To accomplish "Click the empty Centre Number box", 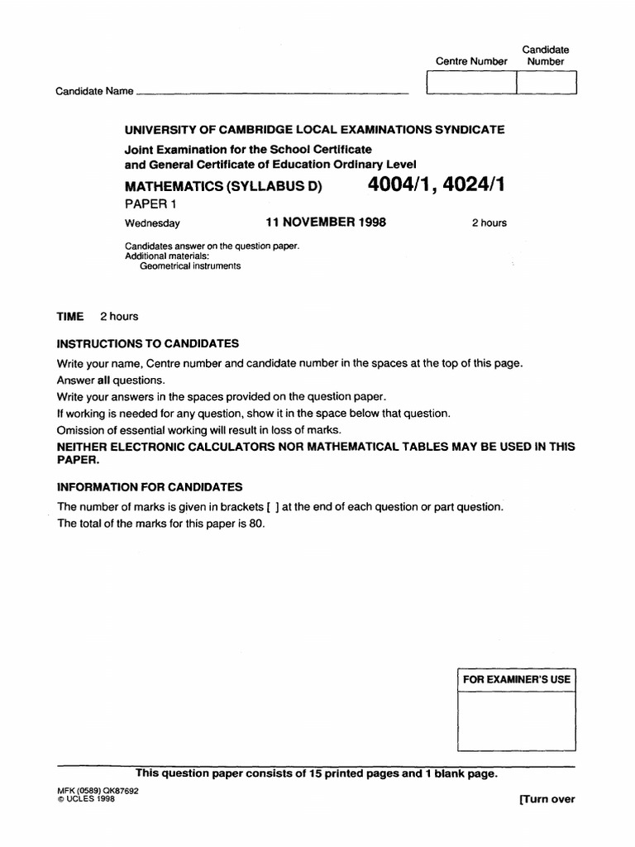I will point(470,84).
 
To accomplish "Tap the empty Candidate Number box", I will point(547,84).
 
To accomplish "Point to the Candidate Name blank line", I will point(273,93).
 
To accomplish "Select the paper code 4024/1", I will point(474,185).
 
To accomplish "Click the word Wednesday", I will point(152,223).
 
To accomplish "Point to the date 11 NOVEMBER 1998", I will point(326,223).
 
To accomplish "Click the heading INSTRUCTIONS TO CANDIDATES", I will point(148,343).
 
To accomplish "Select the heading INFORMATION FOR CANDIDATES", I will point(150,487).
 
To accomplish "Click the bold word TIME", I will point(70,317).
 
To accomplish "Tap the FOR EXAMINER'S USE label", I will point(517,680).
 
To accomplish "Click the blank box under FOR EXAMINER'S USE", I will point(517,720).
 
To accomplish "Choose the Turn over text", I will point(547,799).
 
